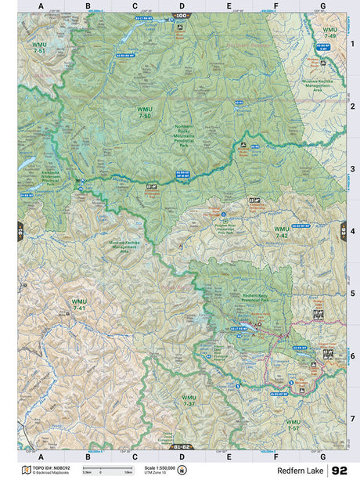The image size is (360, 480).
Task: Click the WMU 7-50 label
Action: pos(145,113)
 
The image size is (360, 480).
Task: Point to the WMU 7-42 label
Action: pos(281,232)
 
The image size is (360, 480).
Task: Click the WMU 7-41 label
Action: pos(79,305)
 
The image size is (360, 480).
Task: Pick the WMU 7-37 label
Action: pos(189,400)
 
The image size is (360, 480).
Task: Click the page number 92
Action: pos(339,471)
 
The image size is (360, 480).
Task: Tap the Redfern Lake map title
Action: pos(303,471)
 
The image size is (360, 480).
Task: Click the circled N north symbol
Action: pos(182,470)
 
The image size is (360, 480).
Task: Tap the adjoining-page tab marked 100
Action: pos(182,15)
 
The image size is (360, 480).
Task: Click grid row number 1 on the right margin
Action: pos(352,44)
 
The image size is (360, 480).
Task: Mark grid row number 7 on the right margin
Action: pos(352,418)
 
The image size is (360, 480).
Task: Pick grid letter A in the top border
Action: pos(41,5)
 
